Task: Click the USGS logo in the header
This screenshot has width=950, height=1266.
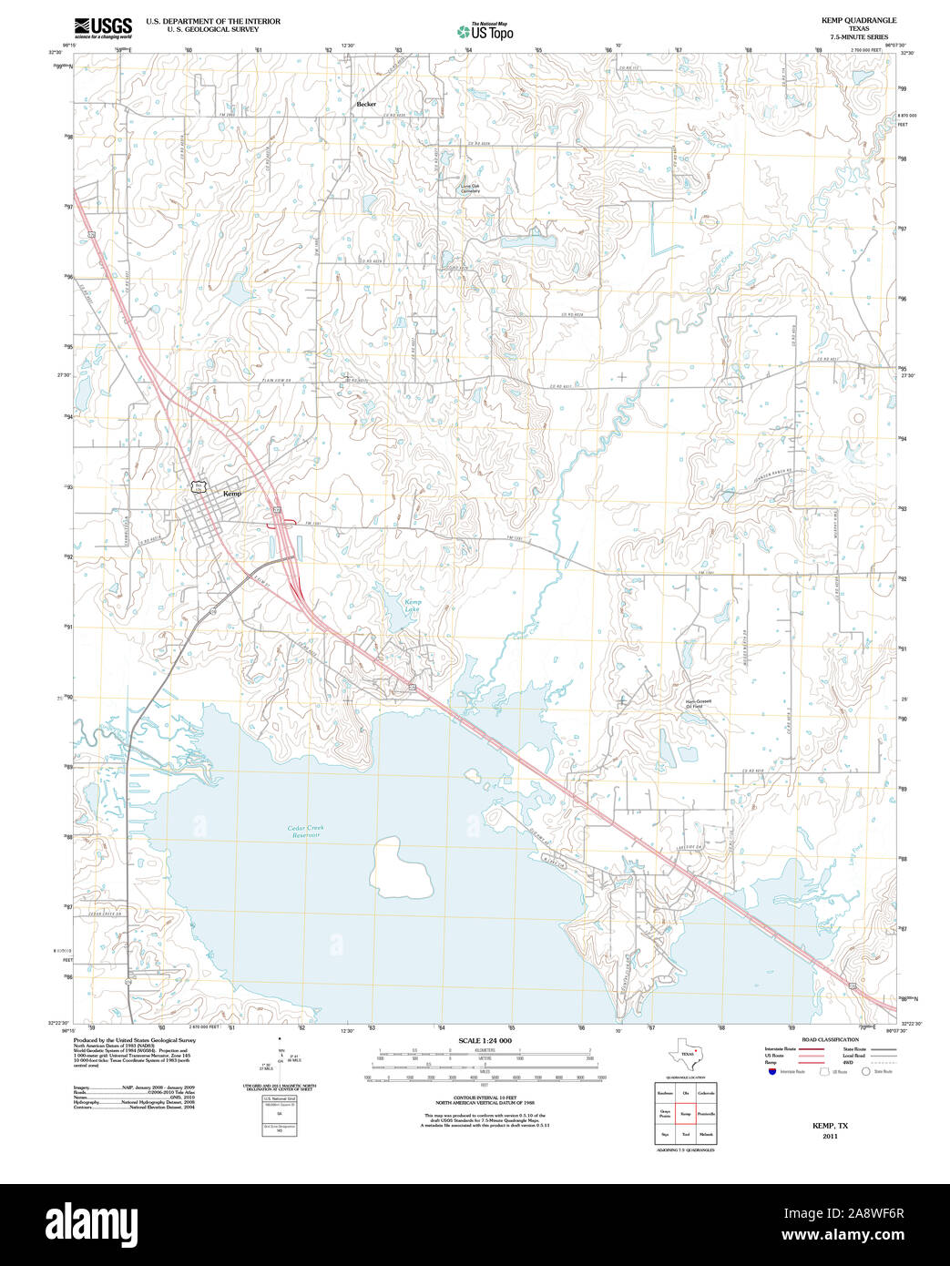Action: click(102, 26)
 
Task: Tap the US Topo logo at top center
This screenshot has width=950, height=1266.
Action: click(485, 31)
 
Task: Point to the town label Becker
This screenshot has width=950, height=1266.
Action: click(366, 104)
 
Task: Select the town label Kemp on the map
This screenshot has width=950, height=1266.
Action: click(232, 493)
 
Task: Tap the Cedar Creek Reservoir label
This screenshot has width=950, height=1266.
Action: click(305, 831)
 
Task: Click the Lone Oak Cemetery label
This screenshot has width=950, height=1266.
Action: click(470, 189)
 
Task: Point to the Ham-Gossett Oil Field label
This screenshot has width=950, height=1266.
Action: click(698, 703)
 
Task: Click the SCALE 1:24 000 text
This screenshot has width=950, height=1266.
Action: click(485, 1040)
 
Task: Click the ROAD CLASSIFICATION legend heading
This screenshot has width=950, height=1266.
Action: click(830, 1039)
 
